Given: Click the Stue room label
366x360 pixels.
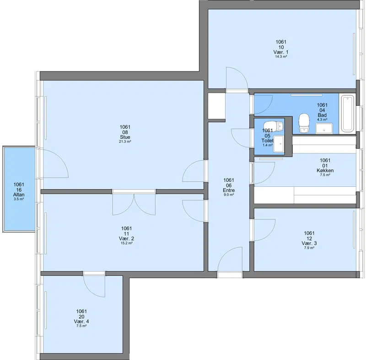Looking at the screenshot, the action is (x=125, y=137).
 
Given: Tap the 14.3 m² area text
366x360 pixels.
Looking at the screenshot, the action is (x=281, y=56).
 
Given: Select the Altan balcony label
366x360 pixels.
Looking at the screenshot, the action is (x=19, y=195).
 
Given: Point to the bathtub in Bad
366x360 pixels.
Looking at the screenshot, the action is (x=348, y=114).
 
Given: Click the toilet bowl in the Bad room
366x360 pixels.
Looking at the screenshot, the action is (x=304, y=123).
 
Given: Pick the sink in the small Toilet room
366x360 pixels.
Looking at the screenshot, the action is (x=279, y=144).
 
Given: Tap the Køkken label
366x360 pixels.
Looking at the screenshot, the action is (x=325, y=170).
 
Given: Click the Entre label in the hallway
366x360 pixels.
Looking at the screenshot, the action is (x=229, y=191).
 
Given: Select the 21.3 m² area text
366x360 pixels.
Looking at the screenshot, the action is (x=125, y=142).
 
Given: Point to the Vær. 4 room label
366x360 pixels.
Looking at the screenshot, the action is (x=81, y=322).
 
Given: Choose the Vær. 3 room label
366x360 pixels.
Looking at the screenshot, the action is (x=309, y=243).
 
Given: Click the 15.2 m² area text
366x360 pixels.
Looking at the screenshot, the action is (x=127, y=243).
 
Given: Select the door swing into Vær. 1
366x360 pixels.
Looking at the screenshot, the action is (x=237, y=78).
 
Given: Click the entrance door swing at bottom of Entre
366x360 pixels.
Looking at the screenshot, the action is (x=230, y=259).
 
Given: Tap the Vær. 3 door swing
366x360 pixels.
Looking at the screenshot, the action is (x=265, y=230).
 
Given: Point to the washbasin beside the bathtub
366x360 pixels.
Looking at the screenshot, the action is (x=324, y=129).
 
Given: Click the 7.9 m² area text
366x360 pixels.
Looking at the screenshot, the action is (x=309, y=248).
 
